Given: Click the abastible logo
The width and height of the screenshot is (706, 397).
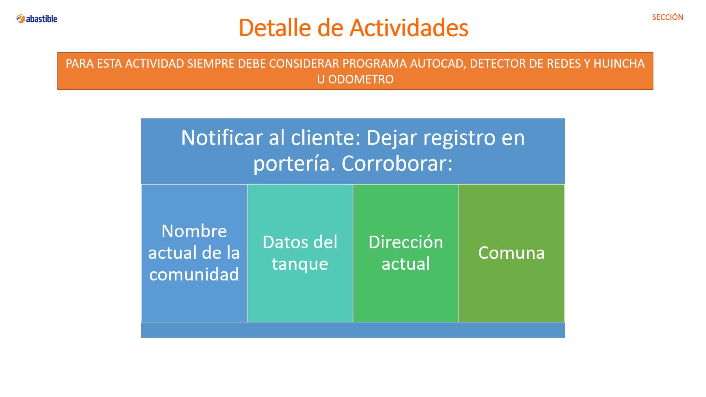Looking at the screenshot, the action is tap(37, 19).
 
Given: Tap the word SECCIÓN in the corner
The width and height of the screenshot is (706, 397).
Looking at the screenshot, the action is tap(667, 17).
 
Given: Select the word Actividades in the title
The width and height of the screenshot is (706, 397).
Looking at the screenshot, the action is tap(409, 28).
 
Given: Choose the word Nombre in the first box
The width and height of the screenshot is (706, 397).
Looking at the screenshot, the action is tap(194, 231).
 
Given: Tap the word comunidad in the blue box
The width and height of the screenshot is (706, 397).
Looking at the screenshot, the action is tap(194, 274).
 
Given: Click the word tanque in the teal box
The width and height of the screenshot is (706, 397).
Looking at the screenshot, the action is tap(300, 264).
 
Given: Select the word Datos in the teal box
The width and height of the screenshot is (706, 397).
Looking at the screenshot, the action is tap(285, 242).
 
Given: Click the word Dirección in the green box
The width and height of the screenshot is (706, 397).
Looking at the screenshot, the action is tap(406, 242).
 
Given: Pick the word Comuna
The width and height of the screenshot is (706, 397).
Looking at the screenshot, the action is tap(511, 253).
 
